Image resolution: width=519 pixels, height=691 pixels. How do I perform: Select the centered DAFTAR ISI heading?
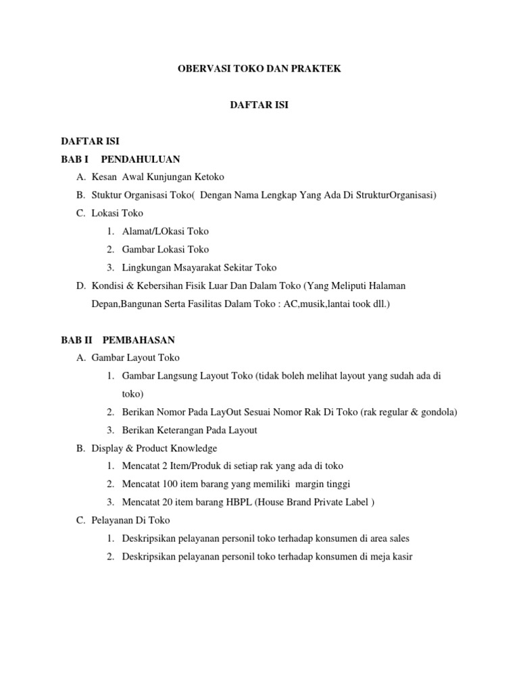coord(259,105)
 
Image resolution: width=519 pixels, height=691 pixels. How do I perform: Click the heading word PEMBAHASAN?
coord(139,339)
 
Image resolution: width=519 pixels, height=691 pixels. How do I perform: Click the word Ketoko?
coord(209,177)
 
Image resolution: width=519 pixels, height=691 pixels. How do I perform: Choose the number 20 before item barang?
coord(165,502)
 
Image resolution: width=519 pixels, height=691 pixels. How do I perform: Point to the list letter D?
coord(81,286)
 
